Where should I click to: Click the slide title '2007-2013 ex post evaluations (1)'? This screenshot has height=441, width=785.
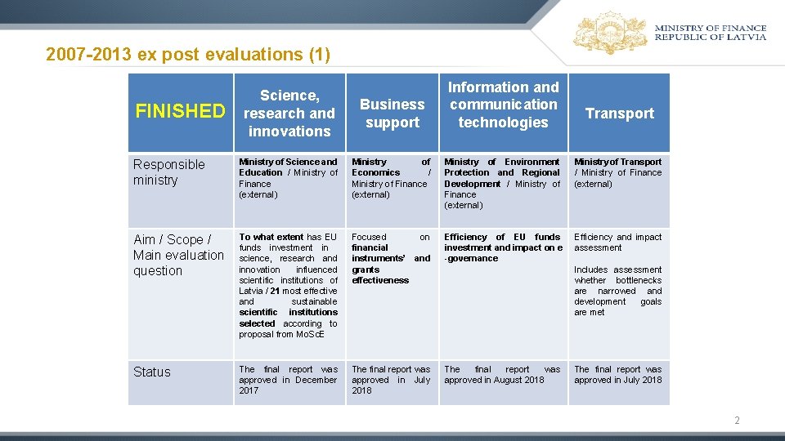pyautogui.click(x=188, y=55)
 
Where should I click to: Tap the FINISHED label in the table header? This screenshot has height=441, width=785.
pyautogui.click(x=180, y=111)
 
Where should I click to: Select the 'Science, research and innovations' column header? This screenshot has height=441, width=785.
pyautogui.click(x=289, y=114)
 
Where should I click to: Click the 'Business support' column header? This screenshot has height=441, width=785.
pyautogui.click(x=392, y=114)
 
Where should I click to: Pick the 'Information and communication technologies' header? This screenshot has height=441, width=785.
pyautogui.click(x=503, y=105)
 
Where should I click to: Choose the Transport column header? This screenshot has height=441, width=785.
pyautogui.click(x=619, y=114)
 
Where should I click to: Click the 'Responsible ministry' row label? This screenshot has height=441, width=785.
pyautogui.click(x=168, y=172)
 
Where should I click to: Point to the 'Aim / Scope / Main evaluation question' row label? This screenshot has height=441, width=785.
pyautogui.click(x=178, y=255)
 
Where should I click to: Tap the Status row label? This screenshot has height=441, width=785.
pyautogui.click(x=152, y=372)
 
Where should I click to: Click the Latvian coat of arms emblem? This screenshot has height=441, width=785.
pyautogui.click(x=610, y=33)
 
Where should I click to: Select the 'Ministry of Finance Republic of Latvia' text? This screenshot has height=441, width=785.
pyautogui.click(x=710, y=33)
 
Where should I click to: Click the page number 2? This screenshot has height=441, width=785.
pyautogui.click(x=737, y=421)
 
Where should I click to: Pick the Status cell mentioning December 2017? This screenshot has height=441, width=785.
pyautogui.click(x=288, y=380)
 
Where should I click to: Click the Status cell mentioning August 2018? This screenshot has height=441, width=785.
pyautogui.click(x=502, y=375)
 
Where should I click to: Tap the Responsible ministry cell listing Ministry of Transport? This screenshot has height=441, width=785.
pyautogui.click(x=617, y=172)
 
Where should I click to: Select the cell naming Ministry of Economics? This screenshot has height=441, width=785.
pyautogui.click(x=391, y=178)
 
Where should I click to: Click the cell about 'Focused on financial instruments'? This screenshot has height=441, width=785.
pyautogui.click(x=391, y=258)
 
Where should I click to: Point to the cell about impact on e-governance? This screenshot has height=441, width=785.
pyautogui.click(x=502, y=247)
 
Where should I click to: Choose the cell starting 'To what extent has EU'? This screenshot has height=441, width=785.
pyautogui.click(x=288, y=285)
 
